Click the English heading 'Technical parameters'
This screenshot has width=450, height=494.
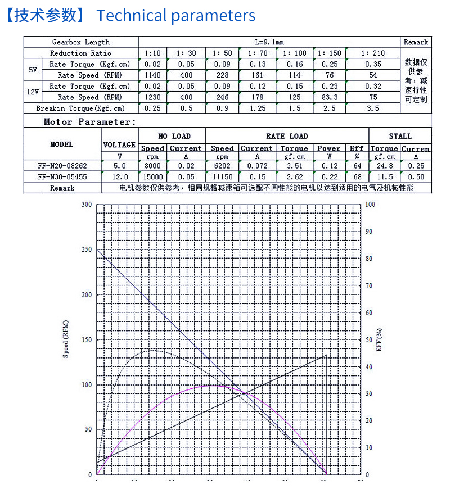[x=175, y=15]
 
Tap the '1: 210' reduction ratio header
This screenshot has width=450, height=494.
[x=373, y=53]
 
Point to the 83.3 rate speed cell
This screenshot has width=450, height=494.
[x=330, y=97]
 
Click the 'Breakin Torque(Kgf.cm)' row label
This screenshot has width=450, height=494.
[x=80, y=108]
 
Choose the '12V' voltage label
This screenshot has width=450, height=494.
[x=33, y=92]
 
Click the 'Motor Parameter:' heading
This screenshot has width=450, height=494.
[x=89, y=121]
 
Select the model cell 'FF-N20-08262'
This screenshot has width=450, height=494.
[x=62, y=165]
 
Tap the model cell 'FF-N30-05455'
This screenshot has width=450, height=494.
[x=62, y=176]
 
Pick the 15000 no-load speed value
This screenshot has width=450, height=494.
[x=152, y=176]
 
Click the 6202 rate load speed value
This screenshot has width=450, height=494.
[x=222, y=165]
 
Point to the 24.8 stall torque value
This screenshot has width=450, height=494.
[x=384, y=165]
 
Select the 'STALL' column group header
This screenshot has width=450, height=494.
[x=400, y=136]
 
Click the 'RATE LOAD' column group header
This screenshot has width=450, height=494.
[x=287, y=136]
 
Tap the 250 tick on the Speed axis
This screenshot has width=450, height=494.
[x=86, y=250]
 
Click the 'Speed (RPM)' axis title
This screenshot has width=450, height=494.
[x=66, y=339]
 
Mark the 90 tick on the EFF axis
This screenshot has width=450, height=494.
[x=370, y=231]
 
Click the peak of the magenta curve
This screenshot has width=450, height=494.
[x=211, y=386]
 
